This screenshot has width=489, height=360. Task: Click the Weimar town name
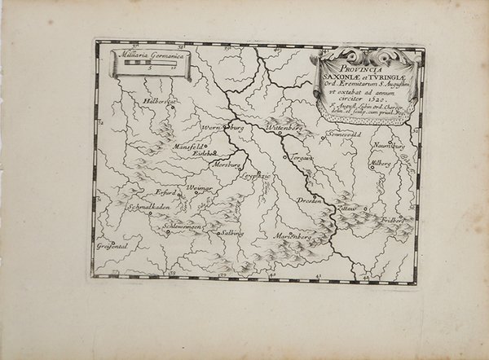coord(200,188)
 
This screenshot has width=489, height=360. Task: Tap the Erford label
coord(167,193)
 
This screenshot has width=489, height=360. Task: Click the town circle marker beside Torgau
coord(285,156)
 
